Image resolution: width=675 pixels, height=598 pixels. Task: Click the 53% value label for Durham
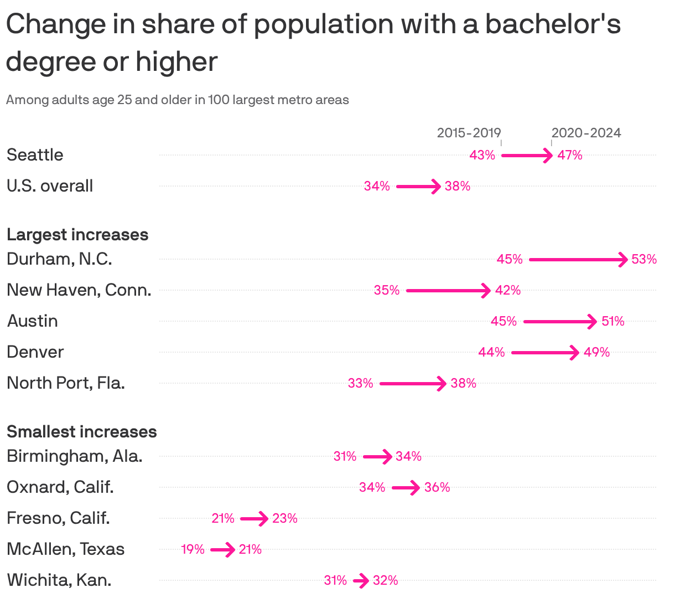pos(644,259)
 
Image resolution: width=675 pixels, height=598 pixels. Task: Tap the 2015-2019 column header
pos(469,133)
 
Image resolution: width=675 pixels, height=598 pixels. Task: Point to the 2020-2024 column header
pos(586,133)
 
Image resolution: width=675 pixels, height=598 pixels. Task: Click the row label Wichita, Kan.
pos(59,580)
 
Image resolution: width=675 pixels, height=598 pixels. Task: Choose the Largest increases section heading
pos(77,235)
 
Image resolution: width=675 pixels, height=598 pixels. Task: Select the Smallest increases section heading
pos(82,432)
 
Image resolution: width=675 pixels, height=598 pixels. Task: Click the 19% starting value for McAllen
pos(193,549)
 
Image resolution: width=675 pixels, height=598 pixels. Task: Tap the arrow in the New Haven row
pos(448,290)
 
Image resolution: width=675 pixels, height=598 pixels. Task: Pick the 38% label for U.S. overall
pos(458,186)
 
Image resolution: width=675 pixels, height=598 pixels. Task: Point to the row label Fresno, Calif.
pos(58,518)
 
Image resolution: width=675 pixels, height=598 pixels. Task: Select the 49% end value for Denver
pos(596,352)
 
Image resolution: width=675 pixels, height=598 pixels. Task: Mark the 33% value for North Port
pos(360,383)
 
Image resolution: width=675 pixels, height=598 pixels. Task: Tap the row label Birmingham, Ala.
pos(75,456)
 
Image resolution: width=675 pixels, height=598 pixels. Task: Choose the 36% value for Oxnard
pos(437,487)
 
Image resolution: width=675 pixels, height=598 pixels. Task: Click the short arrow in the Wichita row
pos(361,581)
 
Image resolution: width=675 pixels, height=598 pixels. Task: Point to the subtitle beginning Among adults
pos(178,100)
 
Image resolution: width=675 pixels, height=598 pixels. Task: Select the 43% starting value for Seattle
pos(482,155)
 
